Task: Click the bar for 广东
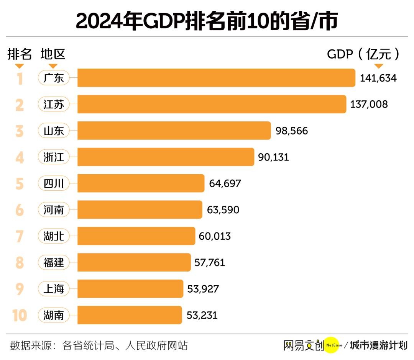click(x=217, y=78)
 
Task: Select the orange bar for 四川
click(x=141, y=183)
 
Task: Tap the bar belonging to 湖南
click(x=130, y=315)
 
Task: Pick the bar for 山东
click(x=174, y=131)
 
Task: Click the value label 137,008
click(x=369, y=104)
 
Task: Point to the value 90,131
click(x=273, y=157)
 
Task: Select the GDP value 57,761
click(x=209, y=263)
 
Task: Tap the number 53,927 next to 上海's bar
click(x=203, y=289)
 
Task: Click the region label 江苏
click(x=54, y=104)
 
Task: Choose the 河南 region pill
click(x=54, y=210)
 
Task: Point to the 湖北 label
click(x=54, y=236)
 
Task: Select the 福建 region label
click(x=54, y=263)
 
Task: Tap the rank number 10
click(x=19, y=316)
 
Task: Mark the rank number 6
click(x=20, y=210)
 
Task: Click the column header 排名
click(x=20, y=54)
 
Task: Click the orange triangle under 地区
click(x=53, y=66)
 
